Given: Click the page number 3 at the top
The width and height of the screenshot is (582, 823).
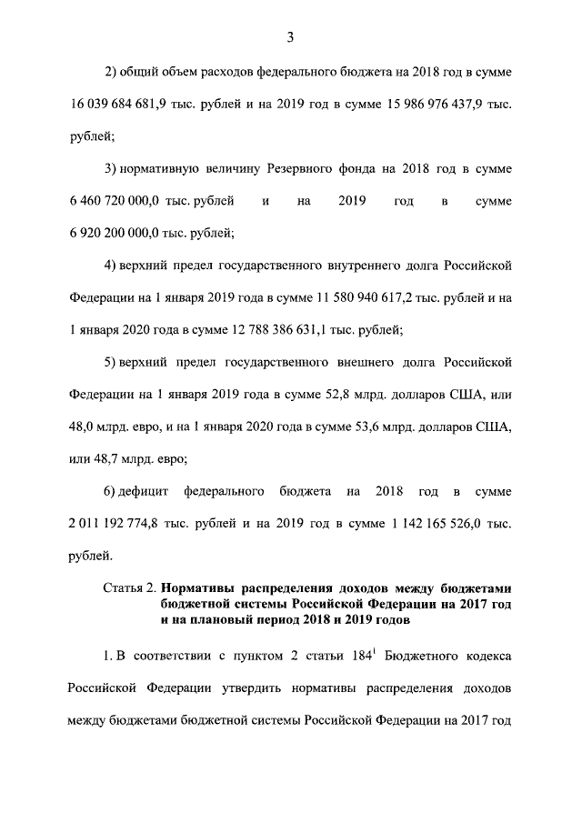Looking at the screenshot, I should [x=290, y=37].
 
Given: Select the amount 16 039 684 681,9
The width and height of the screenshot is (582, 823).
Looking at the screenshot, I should [x=121, y=105].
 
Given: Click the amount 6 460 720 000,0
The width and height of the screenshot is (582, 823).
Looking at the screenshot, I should [x=115, y=200].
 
